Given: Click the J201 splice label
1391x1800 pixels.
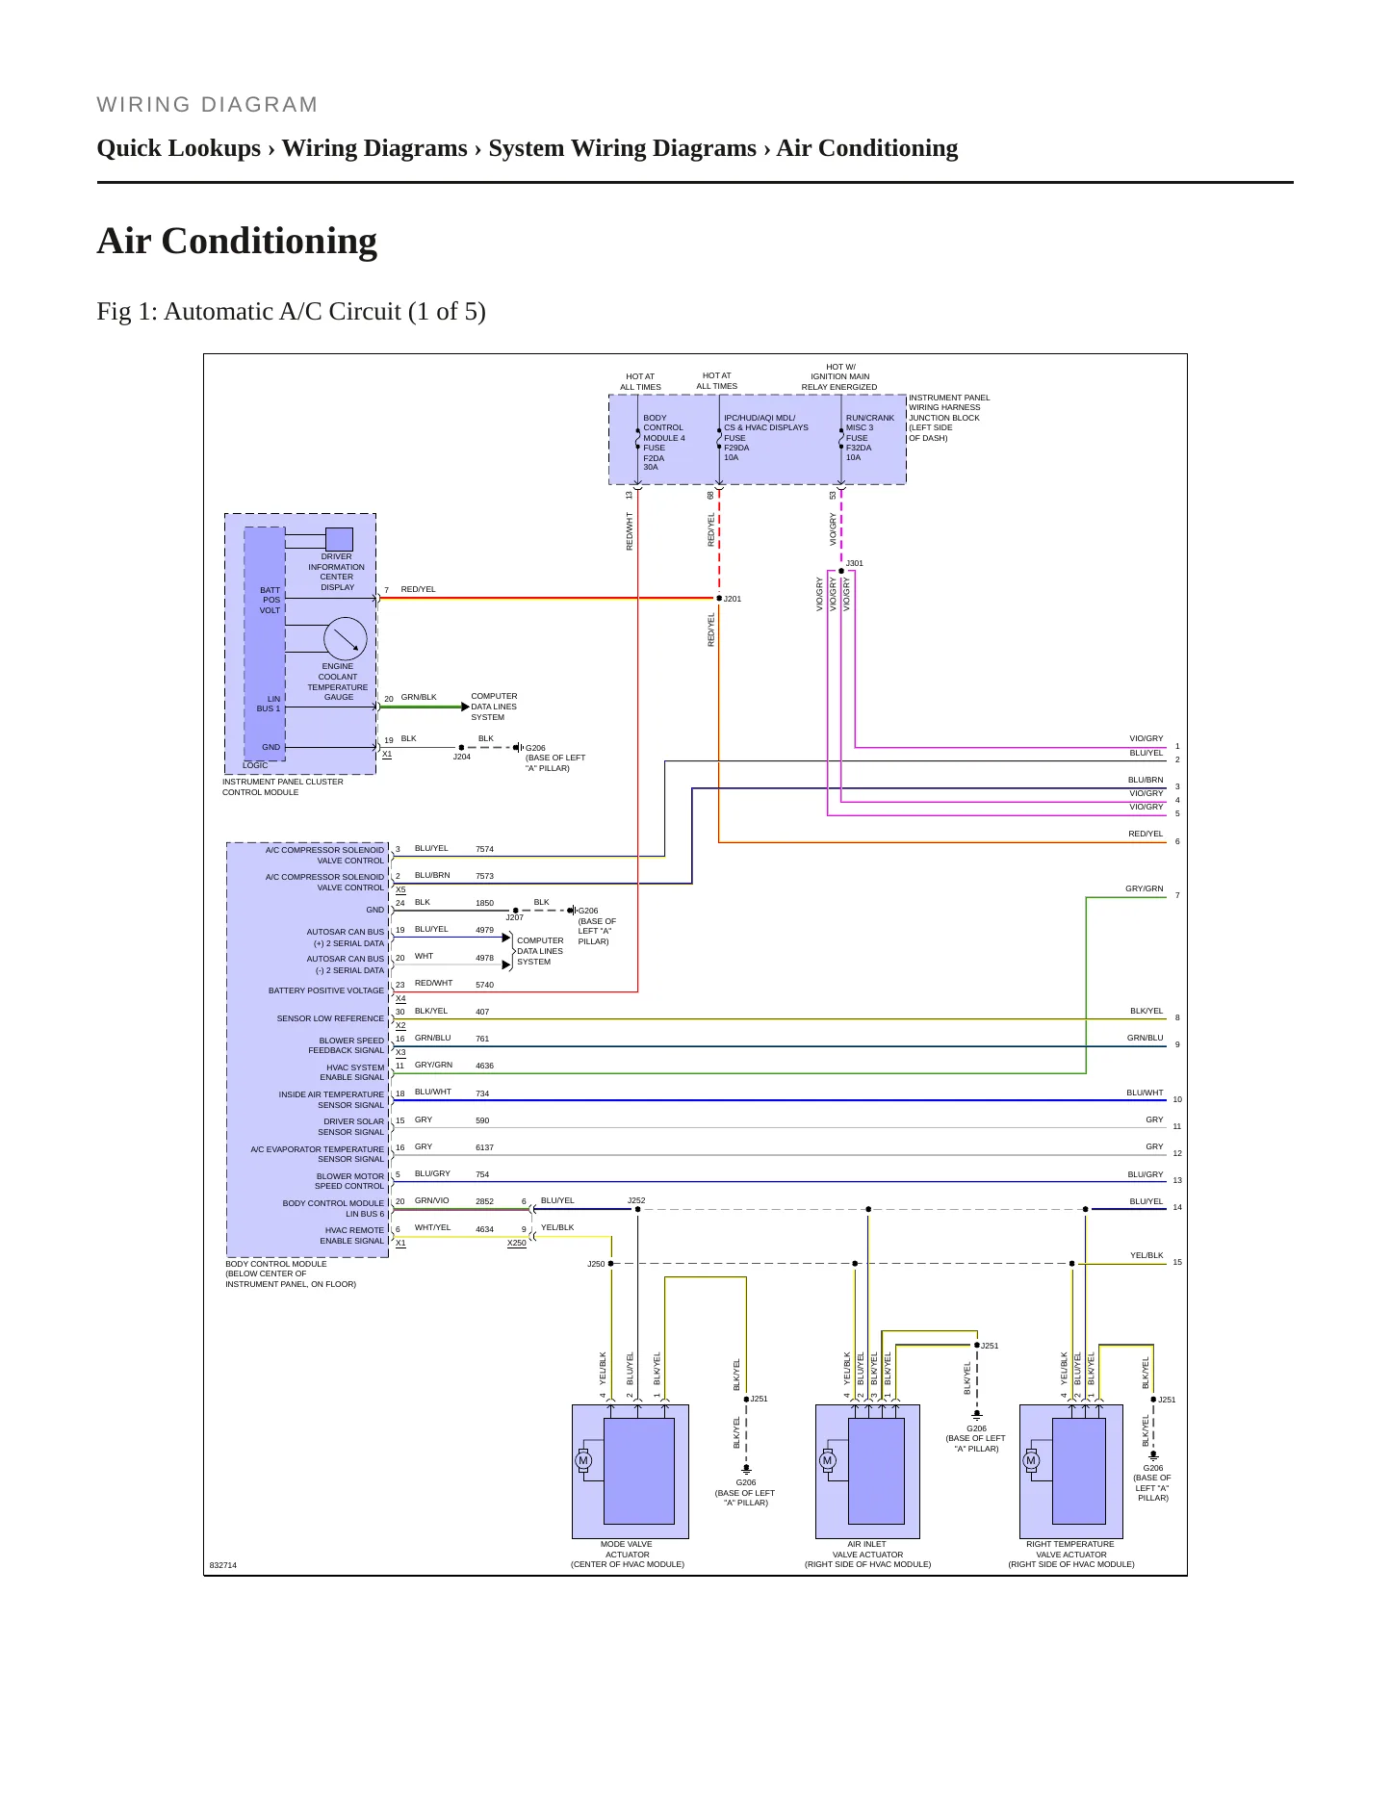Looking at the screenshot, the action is click(733, 599).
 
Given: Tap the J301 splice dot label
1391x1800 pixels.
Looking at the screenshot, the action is click(855, 563).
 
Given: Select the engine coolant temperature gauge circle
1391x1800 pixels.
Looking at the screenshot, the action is click(346, 639).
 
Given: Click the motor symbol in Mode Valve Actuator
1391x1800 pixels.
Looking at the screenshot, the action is click(582, 1460).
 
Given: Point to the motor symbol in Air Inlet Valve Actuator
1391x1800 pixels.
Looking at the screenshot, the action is click(827, 1460).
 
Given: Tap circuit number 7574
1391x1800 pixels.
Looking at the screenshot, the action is click(484, 849).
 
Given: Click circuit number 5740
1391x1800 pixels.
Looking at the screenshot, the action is click(484, 985).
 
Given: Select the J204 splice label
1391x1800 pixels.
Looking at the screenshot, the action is click(462, 757).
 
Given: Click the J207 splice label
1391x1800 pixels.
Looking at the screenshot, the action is click(515, 917).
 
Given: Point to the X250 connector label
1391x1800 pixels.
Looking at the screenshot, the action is click(517, 1243).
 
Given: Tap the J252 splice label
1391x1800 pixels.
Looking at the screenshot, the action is click(636, 1200).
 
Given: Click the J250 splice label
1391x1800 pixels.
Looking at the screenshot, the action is click(596, 1264).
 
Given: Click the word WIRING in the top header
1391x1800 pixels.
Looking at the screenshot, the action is click(144, 105).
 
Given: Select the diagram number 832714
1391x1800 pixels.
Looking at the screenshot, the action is click(223, 1565).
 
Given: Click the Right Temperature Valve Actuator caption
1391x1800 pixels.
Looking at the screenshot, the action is click(1070, 1554).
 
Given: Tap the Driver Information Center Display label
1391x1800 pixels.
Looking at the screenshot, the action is click(337, 572).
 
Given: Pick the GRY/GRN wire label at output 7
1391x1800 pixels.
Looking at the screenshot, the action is click(1145, 888).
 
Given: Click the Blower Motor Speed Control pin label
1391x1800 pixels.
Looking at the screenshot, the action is click(349, 1181).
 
